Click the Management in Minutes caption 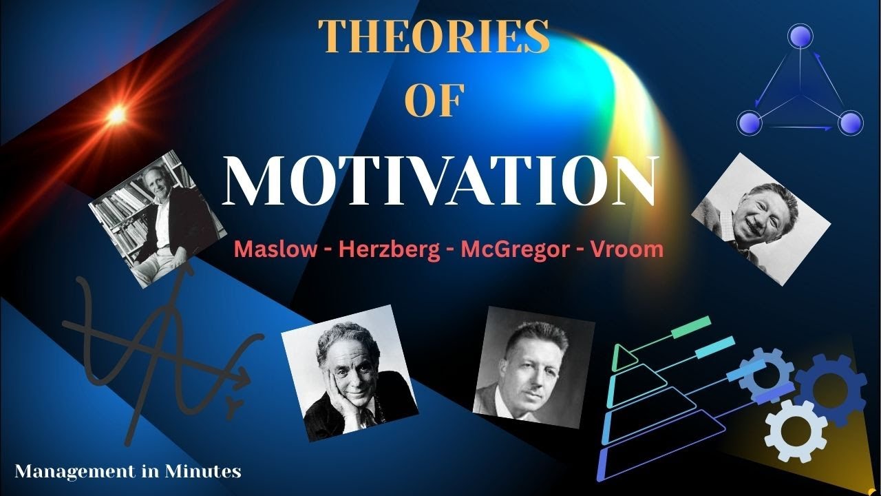(x=128, y=472)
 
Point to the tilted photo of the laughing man (x=761, y=219)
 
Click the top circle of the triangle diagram (x=800, y=36)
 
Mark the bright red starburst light (x=117, y=114)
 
